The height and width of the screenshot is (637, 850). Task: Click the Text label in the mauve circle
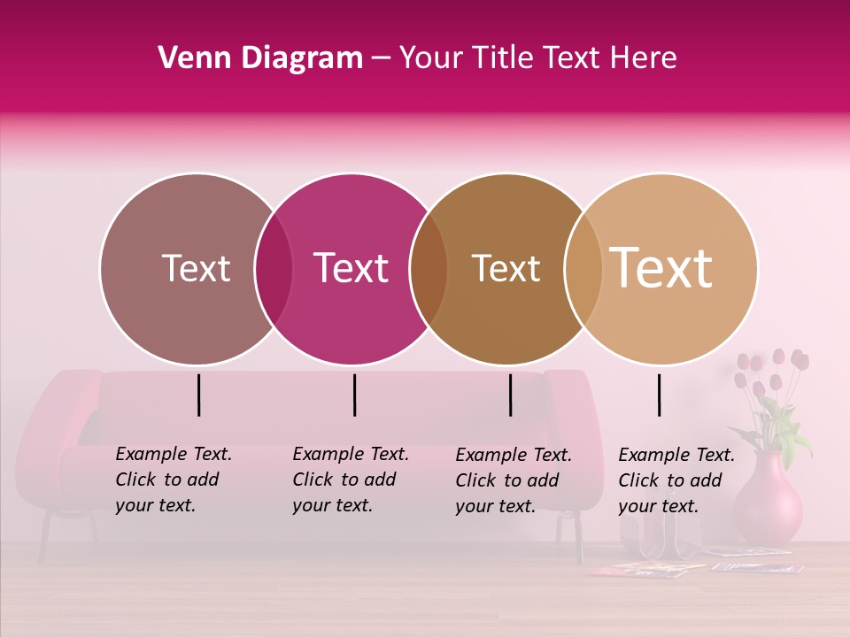point(196,268)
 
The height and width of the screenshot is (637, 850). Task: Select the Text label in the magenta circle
point(351,268)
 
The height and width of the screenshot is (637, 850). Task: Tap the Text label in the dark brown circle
point(506,268)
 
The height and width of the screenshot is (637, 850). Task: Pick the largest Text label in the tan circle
point(661,268)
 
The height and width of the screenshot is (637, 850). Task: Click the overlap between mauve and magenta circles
point(274,269)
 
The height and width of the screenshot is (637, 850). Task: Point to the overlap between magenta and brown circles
point(429,269)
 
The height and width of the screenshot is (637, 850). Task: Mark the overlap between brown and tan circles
point(583,269)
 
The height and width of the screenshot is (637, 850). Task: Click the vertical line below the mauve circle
point(198,395)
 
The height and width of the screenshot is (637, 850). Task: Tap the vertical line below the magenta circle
point(354,395)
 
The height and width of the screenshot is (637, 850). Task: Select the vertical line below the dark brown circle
point(510,395)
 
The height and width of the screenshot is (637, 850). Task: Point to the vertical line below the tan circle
point(659,395)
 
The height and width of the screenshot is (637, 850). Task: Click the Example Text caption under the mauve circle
point(173,480)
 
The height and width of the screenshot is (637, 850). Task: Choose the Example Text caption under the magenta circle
point(350,480)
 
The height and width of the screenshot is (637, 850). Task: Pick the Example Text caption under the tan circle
point(676,480)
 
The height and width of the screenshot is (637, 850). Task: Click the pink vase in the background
point(768,500)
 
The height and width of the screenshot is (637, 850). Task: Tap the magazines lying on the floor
point(691,564)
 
